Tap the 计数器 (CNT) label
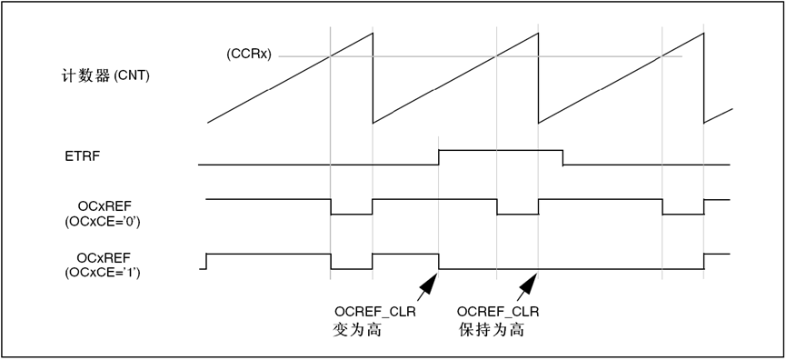pos(99,75)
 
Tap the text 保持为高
pos(492,330)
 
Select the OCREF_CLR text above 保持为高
pos(497,312)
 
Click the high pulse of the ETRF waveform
pos(501,149)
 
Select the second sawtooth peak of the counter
pos(538,35)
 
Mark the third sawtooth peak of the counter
pos(703,35)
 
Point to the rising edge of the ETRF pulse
pos(440,157)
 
